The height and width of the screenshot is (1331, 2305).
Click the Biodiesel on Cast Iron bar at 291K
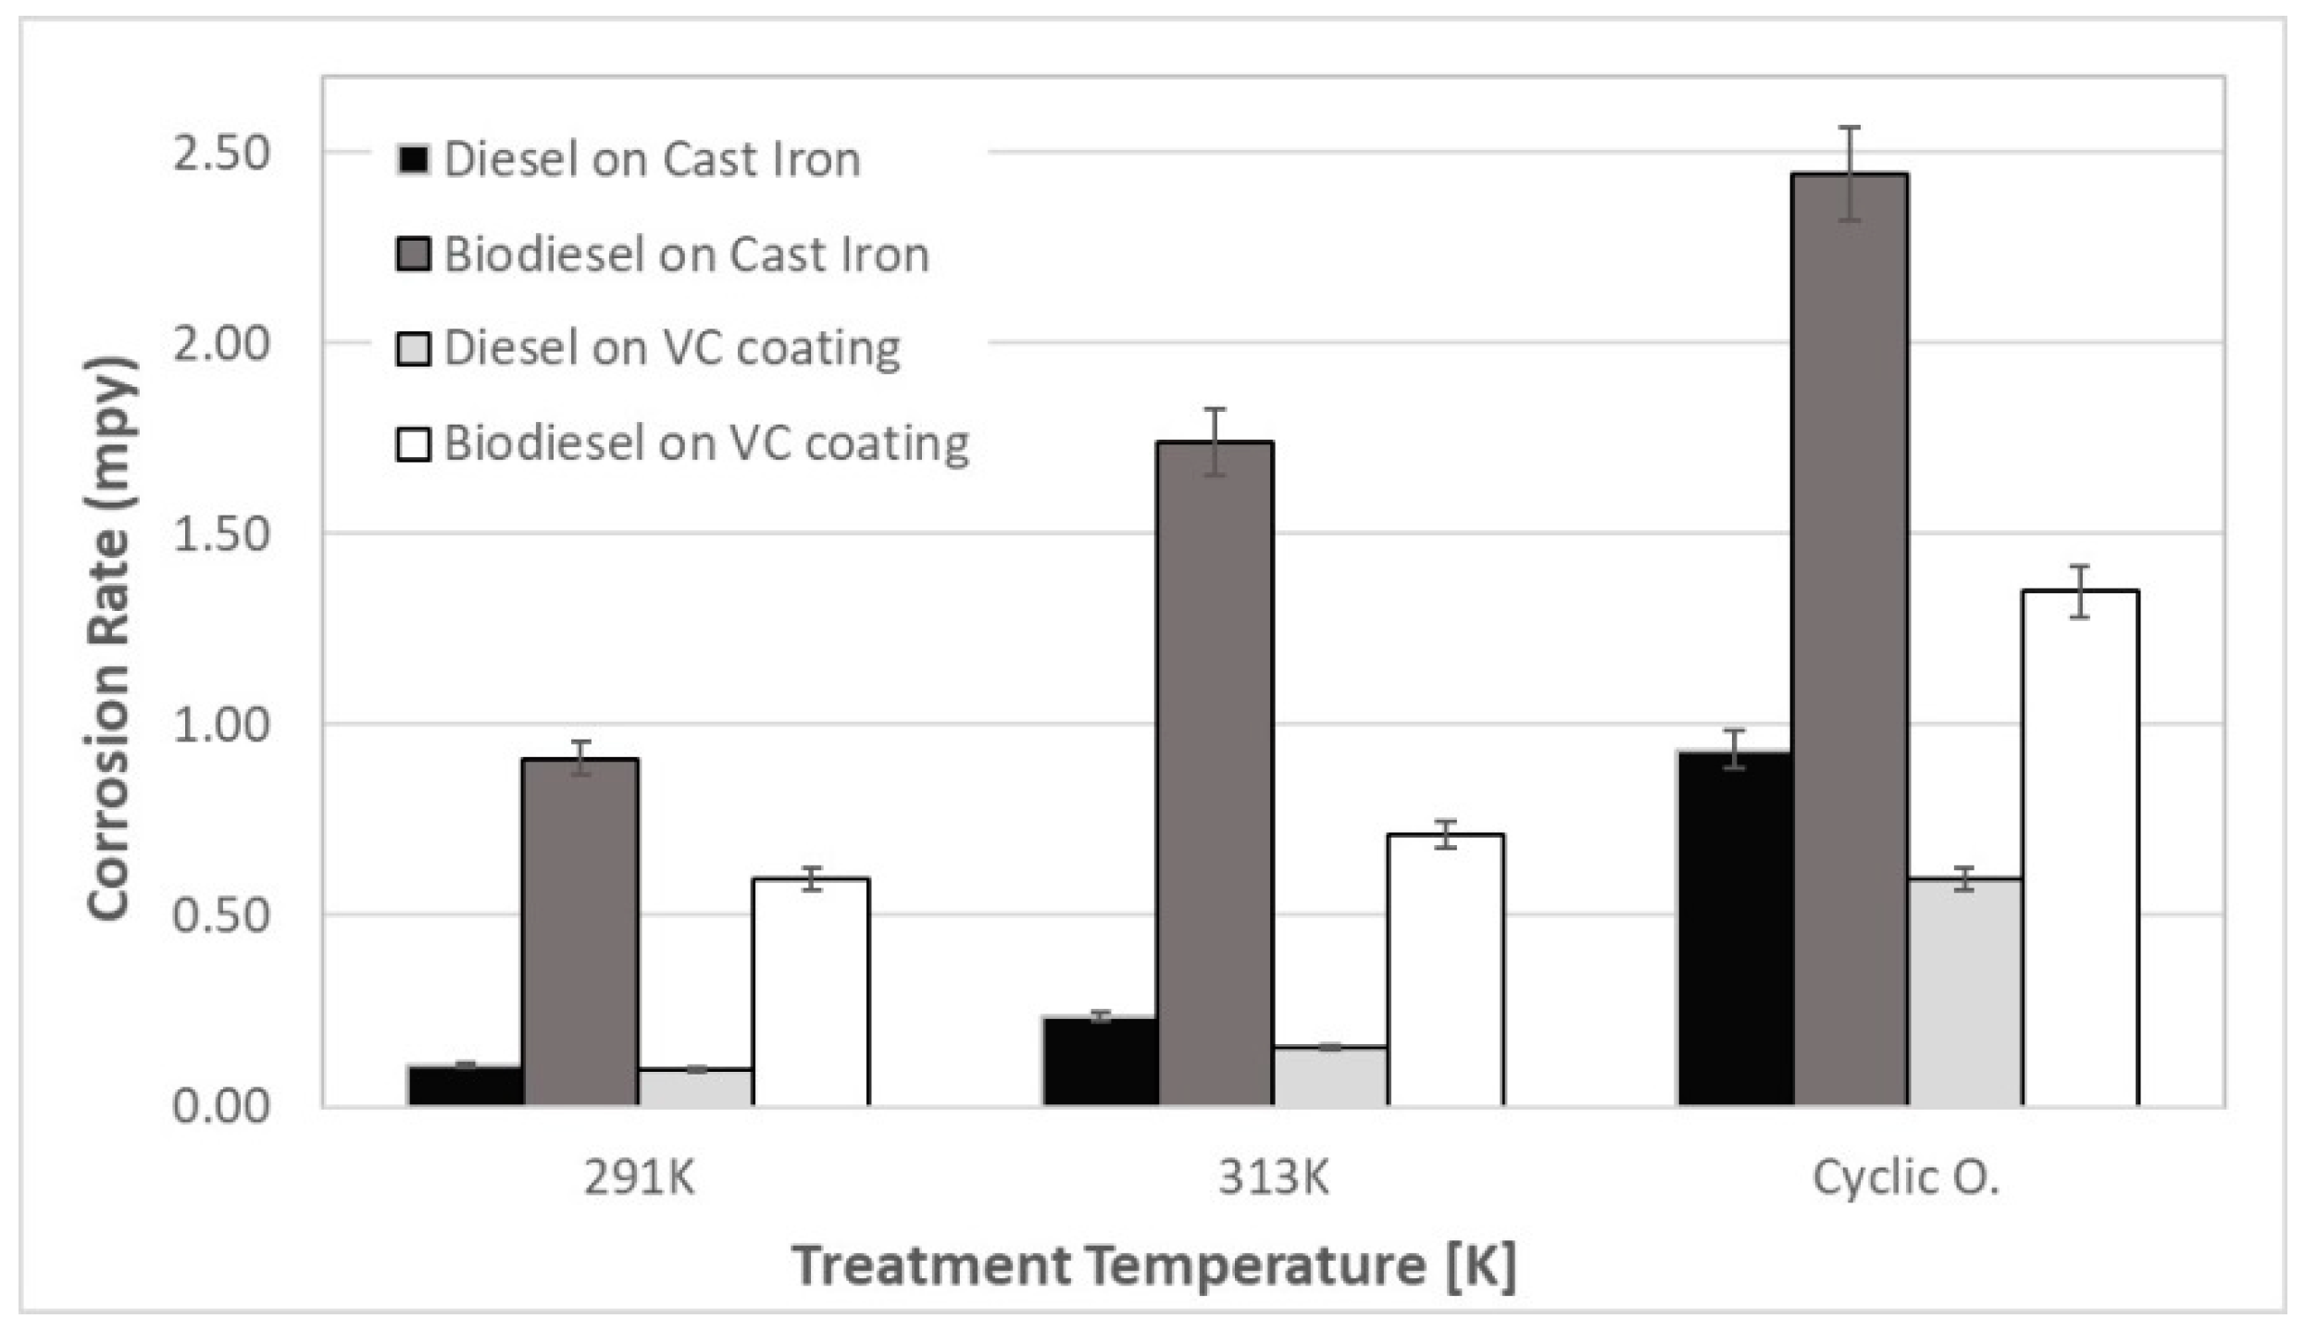click(x=580, y=933)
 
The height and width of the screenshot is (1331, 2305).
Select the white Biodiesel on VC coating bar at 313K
click(x=1445, y=970)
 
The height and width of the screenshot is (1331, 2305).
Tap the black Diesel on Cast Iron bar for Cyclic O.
click(x=1736, y=929)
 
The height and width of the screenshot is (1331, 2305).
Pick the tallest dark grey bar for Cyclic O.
click(x=1850, y=639)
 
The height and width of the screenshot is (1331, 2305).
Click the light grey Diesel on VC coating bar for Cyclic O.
click(x=1964, y=992)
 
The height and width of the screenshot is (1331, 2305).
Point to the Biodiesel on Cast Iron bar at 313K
click(x=1215, y=774)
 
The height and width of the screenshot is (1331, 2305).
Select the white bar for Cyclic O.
click(x=2080, y=848)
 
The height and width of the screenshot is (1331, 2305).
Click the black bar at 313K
click(x=1101, y=1062)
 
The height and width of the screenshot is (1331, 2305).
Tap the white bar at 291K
click(x=811, y=992)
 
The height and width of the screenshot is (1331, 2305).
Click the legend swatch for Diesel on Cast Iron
click(x=413, y=160)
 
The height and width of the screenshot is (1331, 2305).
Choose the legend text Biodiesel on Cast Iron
click(x=686, y=255)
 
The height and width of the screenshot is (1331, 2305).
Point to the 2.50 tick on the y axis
click(x=221, y=153)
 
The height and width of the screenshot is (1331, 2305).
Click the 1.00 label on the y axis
click(x=221, y=725)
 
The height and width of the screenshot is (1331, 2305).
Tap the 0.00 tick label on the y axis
click(x=221, y=1106)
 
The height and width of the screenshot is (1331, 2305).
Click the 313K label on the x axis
click(x=1273, y=1178)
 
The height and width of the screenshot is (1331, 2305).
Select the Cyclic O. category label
click(x=1906, y=1178)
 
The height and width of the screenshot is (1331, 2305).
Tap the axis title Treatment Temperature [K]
click(x=1154, y=1265)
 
